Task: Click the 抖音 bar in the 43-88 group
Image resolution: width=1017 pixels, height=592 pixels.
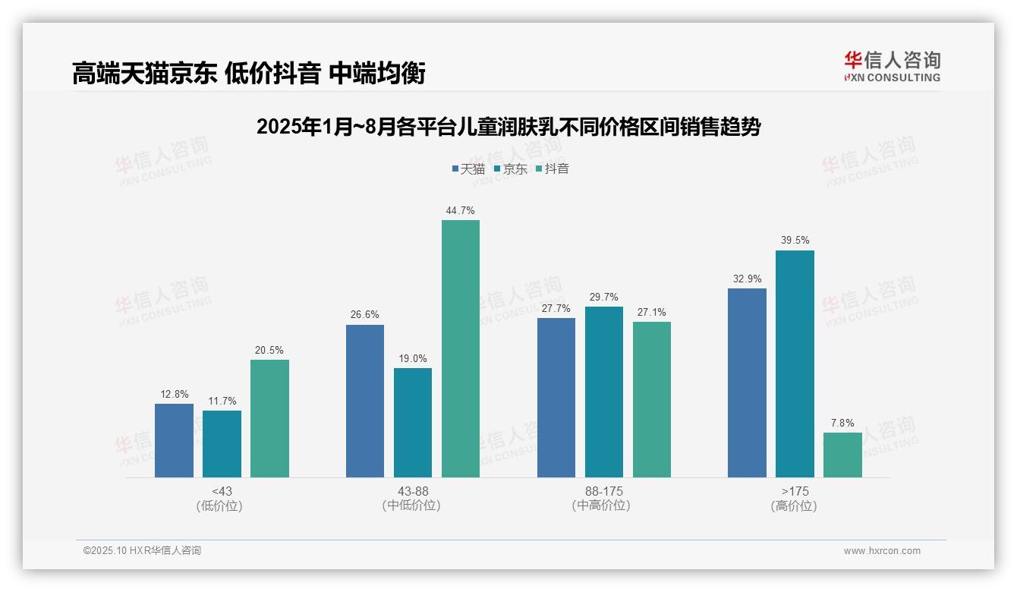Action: (461, 348)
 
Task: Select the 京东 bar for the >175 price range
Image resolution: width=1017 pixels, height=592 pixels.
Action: (795, 364)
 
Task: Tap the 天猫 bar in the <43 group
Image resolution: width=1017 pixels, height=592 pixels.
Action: (174, 440)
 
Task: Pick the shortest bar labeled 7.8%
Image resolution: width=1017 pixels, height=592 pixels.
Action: (842, 455)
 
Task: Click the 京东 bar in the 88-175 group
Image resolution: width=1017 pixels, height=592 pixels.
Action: (604, 392)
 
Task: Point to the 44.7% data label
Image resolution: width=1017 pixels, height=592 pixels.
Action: (461, 210)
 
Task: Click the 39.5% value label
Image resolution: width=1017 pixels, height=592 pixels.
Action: (795, 241)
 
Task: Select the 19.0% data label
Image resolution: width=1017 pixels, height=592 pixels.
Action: (413, 358)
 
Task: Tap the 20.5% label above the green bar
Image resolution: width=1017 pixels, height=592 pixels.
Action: (269, 350)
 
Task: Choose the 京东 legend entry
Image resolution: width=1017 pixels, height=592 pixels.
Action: (510, 168)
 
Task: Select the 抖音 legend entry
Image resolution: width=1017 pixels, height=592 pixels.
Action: (552, 168)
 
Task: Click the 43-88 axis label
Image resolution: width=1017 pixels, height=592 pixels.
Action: (413, 491)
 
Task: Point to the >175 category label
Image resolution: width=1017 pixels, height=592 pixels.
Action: (795, 491)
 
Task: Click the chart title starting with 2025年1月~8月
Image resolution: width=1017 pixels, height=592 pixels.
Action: (508, 127)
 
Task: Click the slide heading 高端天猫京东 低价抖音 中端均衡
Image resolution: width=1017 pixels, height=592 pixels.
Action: (248, 73)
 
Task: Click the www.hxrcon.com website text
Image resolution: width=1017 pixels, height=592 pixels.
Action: (882, 551)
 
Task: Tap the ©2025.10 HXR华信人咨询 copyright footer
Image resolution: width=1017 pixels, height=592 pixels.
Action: (142, 551)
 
